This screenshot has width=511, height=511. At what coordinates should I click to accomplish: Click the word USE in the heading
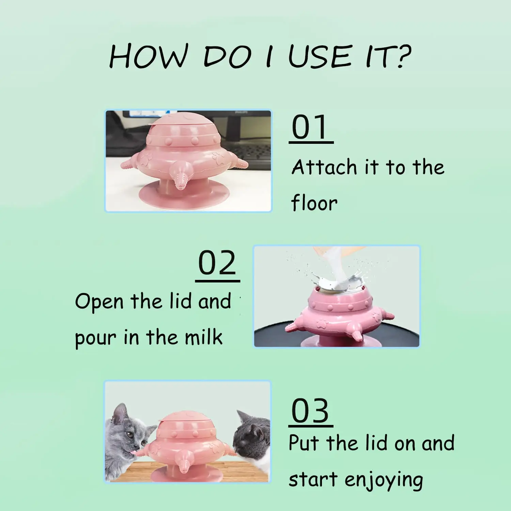(320, 56)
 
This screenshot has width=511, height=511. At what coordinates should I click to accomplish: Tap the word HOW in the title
(149, 56)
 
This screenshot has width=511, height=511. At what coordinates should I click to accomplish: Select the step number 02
(217, 263)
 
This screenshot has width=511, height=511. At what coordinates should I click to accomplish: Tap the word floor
(314, 203)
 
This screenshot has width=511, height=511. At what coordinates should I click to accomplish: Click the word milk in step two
(203, 337)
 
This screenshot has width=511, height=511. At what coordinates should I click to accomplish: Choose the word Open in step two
(99, 302)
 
